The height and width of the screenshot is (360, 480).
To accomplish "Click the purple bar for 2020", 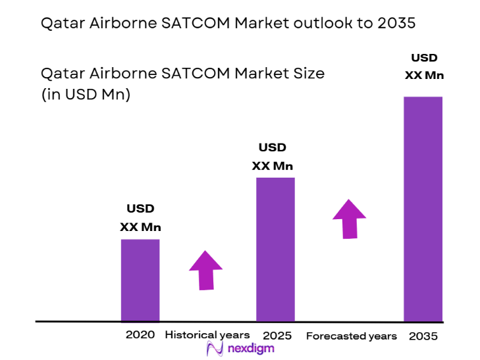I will pyautogui.click(x=140, y=280).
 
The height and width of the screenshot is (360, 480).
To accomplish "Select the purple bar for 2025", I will pyautogui.click(x=275, y=249).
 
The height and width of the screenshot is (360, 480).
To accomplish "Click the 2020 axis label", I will pyautogui.click(x=140, y=334).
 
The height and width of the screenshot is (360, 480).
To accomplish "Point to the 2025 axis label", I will pyautogui.click(x=277, y=336).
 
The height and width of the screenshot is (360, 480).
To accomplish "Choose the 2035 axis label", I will pyautogui.click(x=423, y=336).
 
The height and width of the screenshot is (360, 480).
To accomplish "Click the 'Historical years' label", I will pyautogui.click(x=207, y=335).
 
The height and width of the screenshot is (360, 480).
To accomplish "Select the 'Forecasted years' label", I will pyautogui.click(x=352, y=336).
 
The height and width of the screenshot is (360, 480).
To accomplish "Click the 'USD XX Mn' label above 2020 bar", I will pyautogui.click(x=140, y=218).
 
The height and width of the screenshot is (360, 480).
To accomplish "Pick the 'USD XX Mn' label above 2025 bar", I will pyautogui.click(x=272, y=157).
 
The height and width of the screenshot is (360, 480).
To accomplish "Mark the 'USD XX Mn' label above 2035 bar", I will pyautogui.click(x=423, y=66).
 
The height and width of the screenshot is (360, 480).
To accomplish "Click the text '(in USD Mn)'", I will pyautogui.click(x=86, y=95).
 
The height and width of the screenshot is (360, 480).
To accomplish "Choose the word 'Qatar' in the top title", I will pyautogui.click(x=61, y=24).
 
